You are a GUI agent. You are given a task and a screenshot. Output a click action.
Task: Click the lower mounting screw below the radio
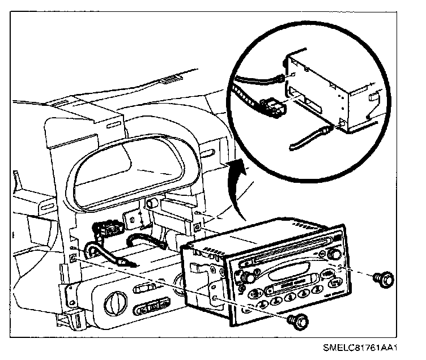(299, 320)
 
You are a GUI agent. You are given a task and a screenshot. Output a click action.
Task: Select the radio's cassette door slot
(289, 275)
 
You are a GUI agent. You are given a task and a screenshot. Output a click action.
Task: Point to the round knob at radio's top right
(334, 255)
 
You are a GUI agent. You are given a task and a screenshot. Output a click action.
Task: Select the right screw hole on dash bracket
(196, 227)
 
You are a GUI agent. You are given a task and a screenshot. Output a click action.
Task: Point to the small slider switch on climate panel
(143, 289)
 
